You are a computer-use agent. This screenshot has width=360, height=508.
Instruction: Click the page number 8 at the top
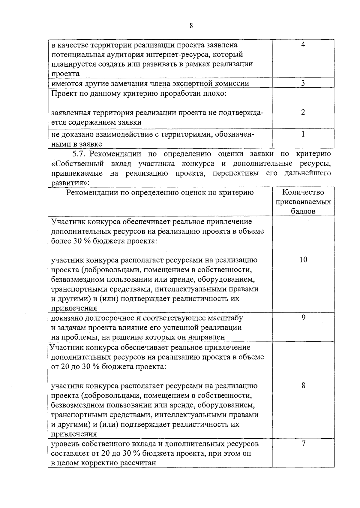click(x=191, y=26)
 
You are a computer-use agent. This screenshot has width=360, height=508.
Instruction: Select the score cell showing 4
click(x=303, y=45)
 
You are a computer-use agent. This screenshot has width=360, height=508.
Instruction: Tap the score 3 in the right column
click(x=303, y=83)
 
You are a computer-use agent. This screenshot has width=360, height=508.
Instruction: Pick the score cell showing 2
click(x=303, y=112)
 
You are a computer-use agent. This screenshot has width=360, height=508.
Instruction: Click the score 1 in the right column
click(x=303, y=134)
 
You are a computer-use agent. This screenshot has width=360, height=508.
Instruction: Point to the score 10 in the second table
click(x=303, y=260)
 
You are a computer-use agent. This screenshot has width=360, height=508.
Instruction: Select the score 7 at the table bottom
click(x=303, y=443)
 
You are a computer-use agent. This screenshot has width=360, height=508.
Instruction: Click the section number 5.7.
click(x=79, y=154)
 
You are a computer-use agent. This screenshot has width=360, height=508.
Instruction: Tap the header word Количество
click(x=303, y=192)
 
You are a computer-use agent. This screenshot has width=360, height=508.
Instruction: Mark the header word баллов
click(x=303, y=211)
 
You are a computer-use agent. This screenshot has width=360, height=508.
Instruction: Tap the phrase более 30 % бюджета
click(x=87, y=241)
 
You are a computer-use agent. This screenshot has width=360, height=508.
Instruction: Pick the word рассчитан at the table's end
click(x=138, y=463)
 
